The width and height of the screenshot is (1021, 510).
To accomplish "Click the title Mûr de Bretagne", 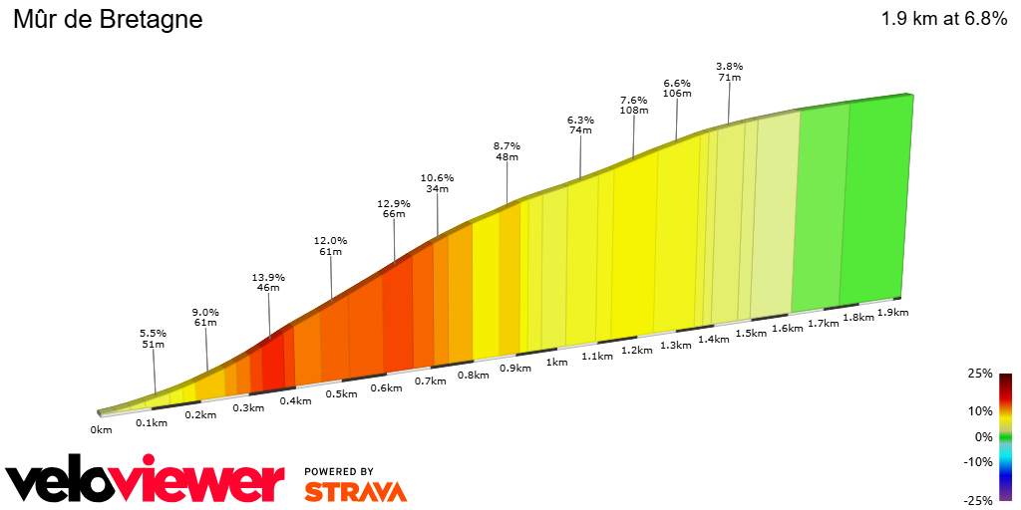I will pyautogui.click(x=107, y=19).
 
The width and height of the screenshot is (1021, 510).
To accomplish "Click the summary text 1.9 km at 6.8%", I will pyautogui.click(x=943, y=19).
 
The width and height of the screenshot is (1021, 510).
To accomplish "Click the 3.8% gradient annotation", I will pyautogui.click(x=729, y=67).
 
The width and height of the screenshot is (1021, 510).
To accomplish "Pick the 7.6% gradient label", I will pyautogui.click(x=633, y=100).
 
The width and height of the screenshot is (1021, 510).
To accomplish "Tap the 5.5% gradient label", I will pyautogui.click(x=153, y=333).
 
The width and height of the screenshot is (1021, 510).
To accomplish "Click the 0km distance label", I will pyautogui.click(x=101, y=430).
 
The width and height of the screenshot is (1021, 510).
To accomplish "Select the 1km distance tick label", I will pyautogui.click(x=556, y=363).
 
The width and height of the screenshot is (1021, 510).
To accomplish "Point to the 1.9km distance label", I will pyautogui.click(x=894, y=313).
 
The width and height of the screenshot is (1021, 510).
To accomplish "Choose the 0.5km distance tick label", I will pyautogui.click(x=341, y=393).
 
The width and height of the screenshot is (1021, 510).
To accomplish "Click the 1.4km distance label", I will pyautogui.click(x=714, y=339).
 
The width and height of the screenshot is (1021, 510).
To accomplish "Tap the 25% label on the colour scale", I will pyautogui.click(x=980, y=374).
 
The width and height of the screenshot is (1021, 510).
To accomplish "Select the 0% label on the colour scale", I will pyautogui.click(x=983, y=436).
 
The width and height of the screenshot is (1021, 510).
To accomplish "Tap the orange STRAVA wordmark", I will pyautogui.click(x=355, y=491).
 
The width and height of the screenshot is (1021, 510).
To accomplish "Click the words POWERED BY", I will pyautogui.click(x=339, y=471).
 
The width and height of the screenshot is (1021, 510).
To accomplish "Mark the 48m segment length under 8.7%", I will pyautogui.click(x=507, y=157).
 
